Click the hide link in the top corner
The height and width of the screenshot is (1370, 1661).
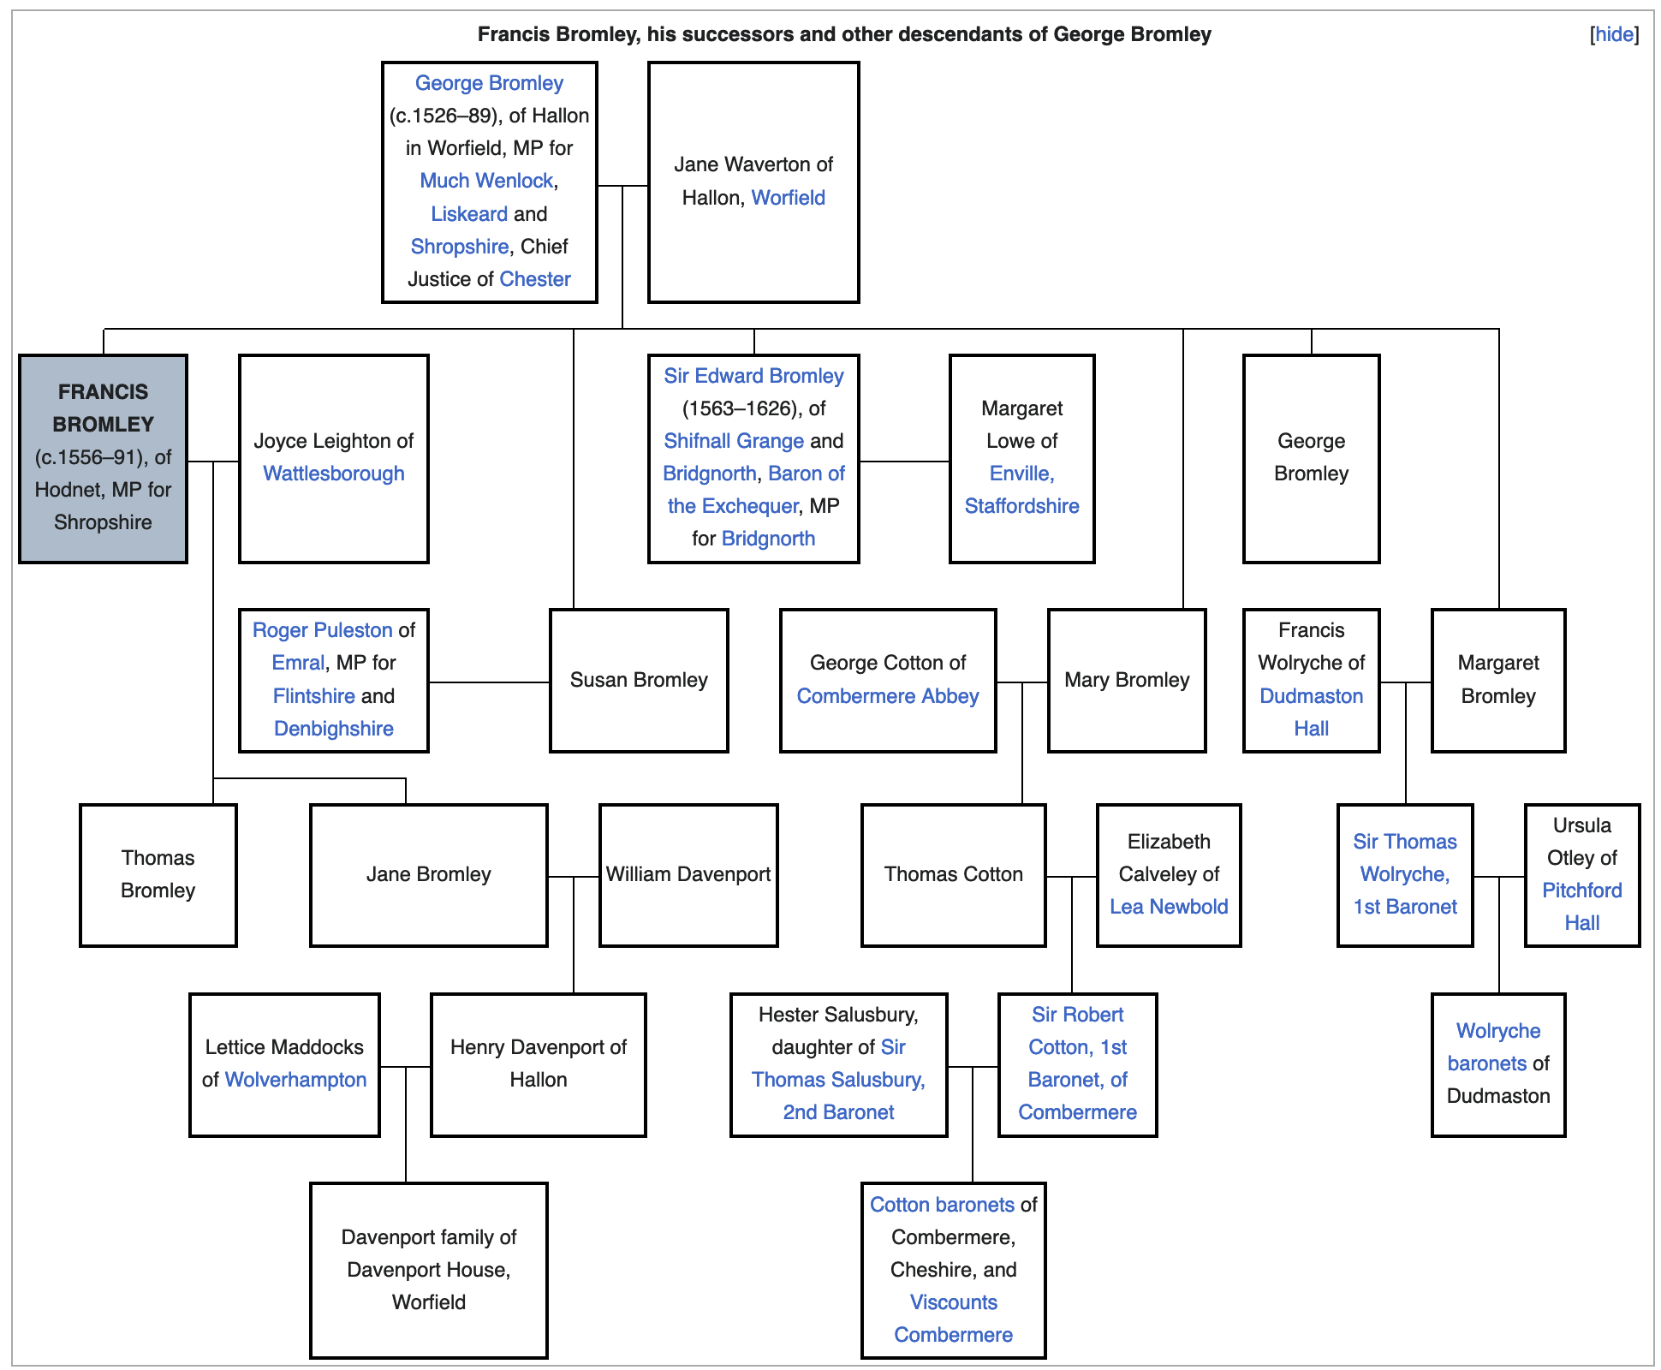pos(1614,34)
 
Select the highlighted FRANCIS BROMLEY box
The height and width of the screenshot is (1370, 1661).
pos(103,458)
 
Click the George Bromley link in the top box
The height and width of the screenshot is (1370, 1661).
pos(489,83)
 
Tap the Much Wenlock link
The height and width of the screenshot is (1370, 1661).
pos(486,181)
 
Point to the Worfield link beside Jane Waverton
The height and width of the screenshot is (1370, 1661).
pos(788,198)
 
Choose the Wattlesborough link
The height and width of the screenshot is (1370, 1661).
pos(333,474)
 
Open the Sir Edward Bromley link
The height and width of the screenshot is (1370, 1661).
pos(753,376)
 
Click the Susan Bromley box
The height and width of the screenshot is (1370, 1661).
pos(639,680)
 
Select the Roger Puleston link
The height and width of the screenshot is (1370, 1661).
pos(322,630)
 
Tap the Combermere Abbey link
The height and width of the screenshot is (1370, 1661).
pos(887,696)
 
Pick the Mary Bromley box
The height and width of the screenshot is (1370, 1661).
pos(1127,680)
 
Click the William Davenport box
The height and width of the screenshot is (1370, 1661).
pos(688,874)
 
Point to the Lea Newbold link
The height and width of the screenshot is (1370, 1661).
pos(1169,907)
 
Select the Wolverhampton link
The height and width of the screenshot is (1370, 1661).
pos(295,1080)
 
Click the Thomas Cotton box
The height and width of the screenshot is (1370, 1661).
pos(953,874)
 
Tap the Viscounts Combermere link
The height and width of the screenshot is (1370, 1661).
pos(953,1319)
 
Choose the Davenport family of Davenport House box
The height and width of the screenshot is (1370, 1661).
pos(428,1270)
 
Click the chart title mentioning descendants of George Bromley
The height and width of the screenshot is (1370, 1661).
pos(843,34)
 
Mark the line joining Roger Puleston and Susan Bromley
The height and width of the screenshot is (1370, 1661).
pos(489,682)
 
